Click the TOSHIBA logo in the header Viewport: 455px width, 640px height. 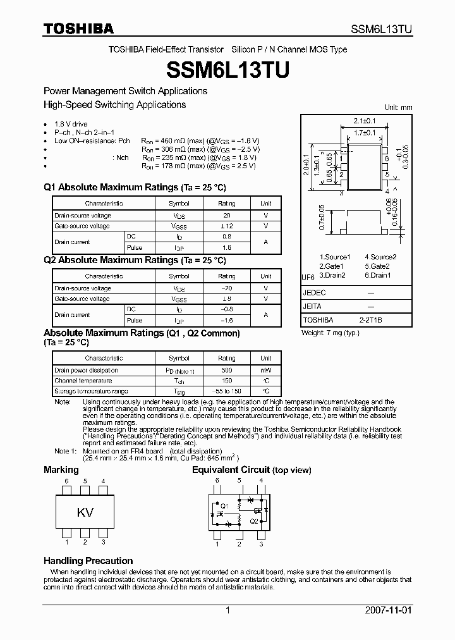pos(78,28)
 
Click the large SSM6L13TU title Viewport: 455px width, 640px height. pos(227,69)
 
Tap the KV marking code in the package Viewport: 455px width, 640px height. pos(85,512)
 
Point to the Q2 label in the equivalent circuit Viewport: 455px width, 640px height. pos(253,521)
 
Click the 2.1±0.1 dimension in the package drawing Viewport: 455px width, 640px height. pos(365,120)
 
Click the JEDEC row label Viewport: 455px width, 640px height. pos(314,293)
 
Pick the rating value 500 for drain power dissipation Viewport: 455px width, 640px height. pos(226,370)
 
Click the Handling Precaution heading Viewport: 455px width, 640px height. pos(88,561)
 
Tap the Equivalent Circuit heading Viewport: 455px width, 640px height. pos(252,470)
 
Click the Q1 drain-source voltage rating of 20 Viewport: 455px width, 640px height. pos(226,215)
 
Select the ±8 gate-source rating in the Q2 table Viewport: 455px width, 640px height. pos(226,298)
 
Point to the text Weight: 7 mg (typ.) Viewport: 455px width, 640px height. pos(331,333)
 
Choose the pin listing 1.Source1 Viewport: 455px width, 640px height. pos(334,257)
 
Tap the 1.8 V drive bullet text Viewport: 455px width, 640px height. pos(71,124)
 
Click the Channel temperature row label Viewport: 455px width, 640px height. pos(83,381)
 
